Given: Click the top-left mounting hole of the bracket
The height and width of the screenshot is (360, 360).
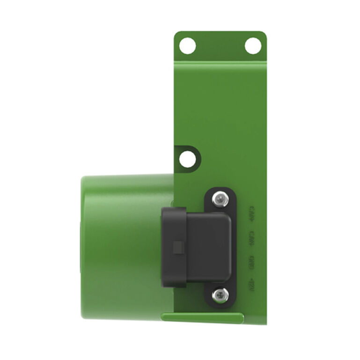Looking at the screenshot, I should [187, 46].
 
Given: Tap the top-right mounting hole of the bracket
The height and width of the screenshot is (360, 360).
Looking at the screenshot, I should [253, 46].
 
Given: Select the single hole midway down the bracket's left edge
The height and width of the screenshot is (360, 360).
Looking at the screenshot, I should [187, 159].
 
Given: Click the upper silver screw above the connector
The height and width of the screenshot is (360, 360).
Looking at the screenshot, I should [220, 200].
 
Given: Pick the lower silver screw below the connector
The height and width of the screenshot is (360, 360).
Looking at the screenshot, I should [220, 294].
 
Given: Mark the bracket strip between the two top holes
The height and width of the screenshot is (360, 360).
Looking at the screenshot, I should [220, 46].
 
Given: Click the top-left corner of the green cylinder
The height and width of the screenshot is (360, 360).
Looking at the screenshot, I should [84, 179].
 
